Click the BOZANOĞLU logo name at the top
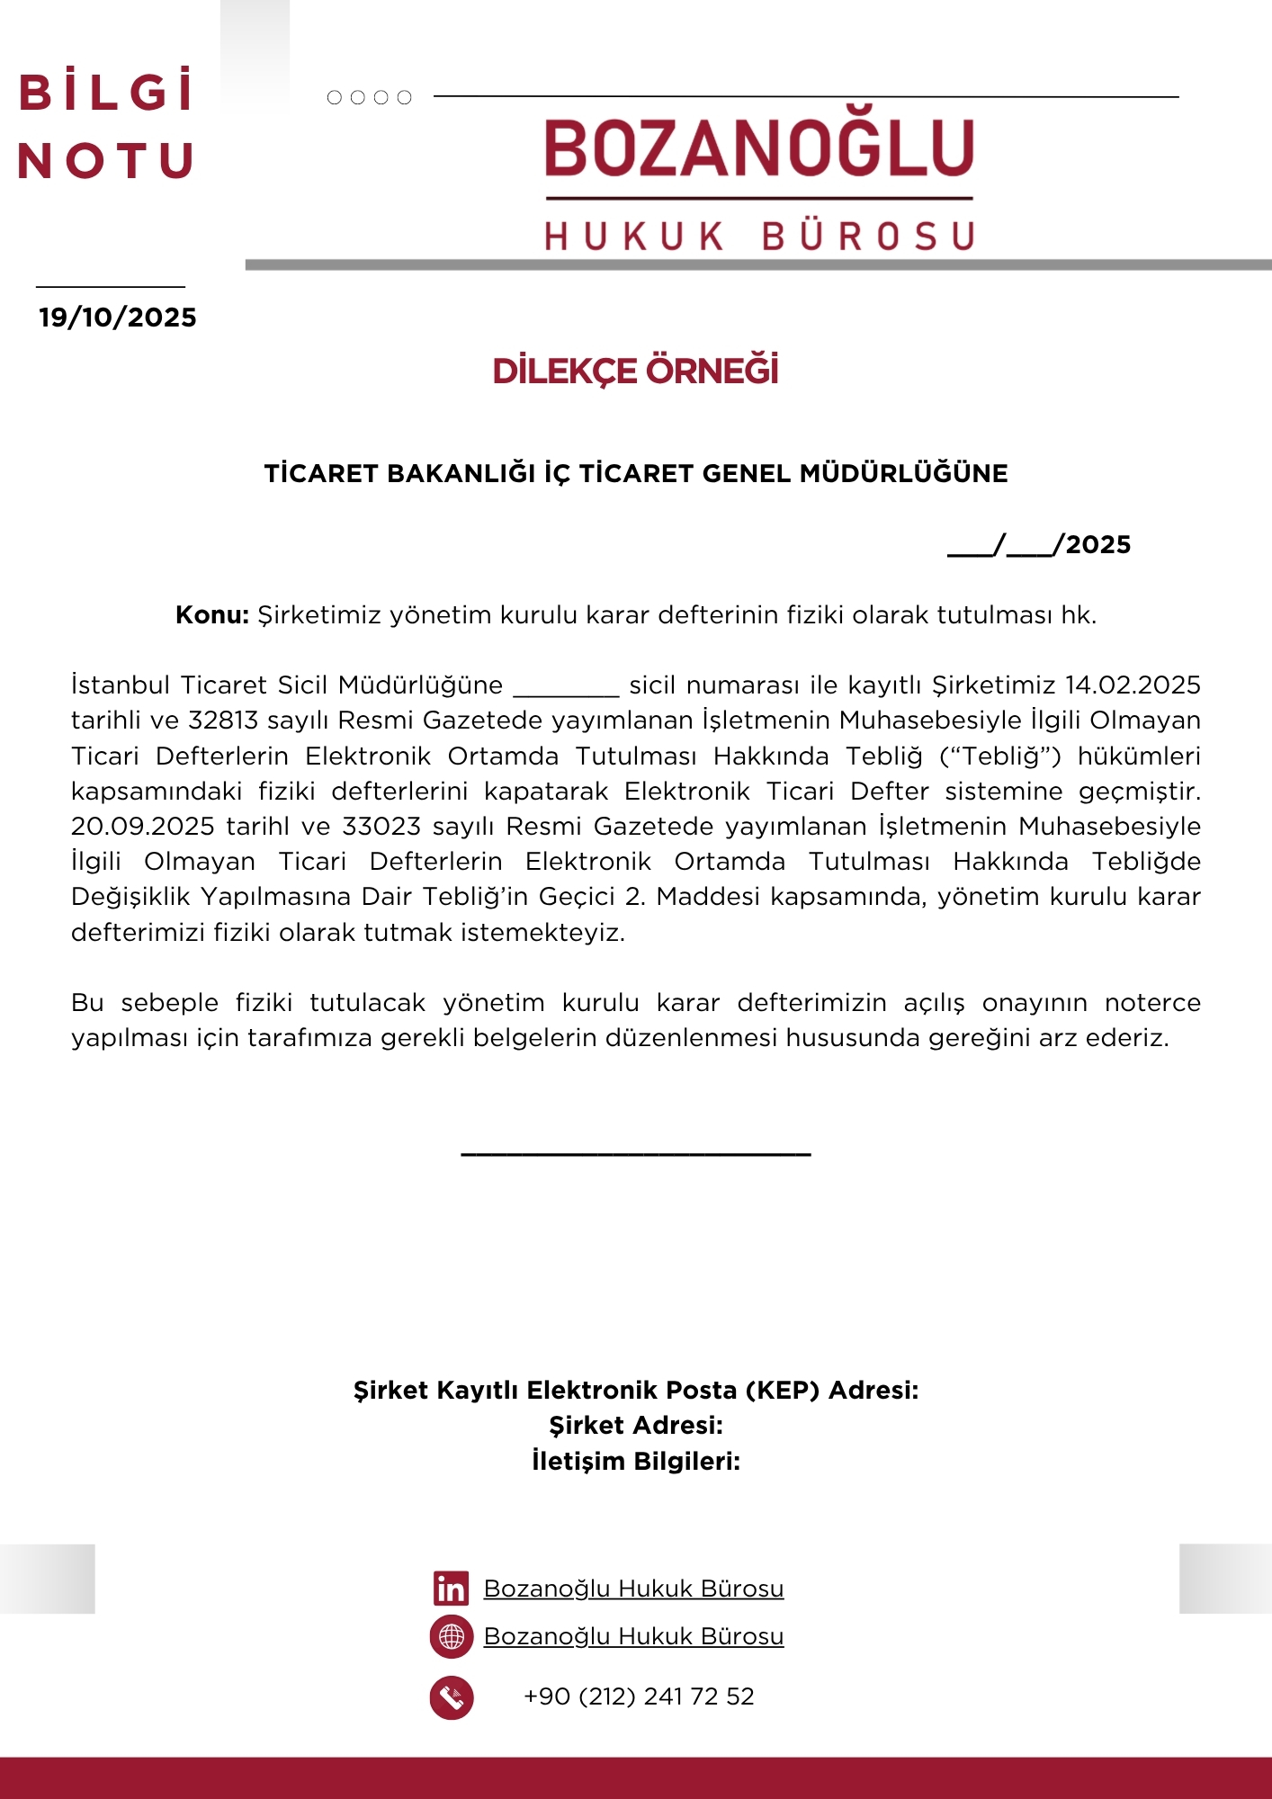click(x=759, y=149)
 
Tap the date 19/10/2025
click(x=117, y=318)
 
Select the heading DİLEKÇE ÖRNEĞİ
click(x=635, y=371)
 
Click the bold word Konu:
click(x=212, y=615)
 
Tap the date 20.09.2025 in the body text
click(x=143, y=827)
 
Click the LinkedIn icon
click(x=451, y=1589)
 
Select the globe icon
click(x=452, y=1636)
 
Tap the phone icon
click(x=452, y=1697)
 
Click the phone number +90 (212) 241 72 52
click(x=639, y=1696)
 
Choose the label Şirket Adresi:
click(x=636, y=1426)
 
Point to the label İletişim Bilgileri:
click(x=636, y=1462)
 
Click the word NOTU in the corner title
click(x=105, y=162)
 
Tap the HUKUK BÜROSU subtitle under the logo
click(x=759, y=237)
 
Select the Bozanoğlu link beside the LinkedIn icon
click(x=633, y=1589)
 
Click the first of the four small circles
click(x=335, y=97)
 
